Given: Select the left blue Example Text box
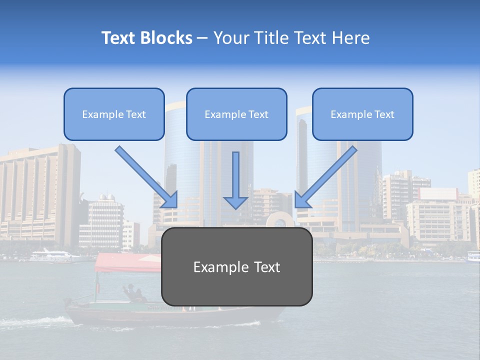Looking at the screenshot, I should tap(114, 114).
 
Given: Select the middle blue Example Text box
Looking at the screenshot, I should tap(236, 114).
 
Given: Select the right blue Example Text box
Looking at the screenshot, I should tap(362, 114).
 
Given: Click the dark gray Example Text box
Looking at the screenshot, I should tap(236, 266).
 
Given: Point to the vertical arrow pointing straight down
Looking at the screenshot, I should tap(235, 180).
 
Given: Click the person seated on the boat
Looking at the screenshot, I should tap(132, 293).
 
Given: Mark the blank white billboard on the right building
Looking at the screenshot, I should tap(438, 194).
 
